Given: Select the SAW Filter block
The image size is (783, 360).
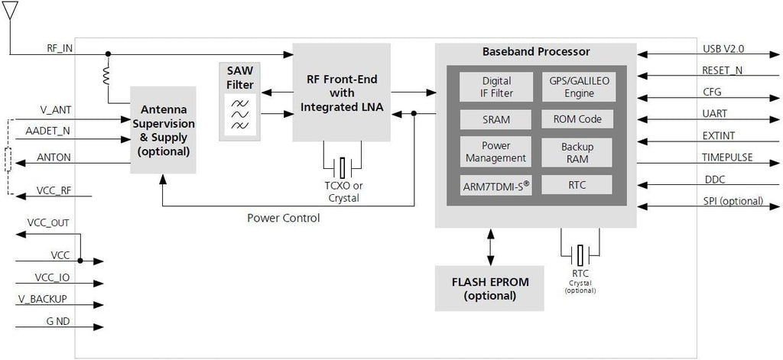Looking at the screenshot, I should tap(239, 102).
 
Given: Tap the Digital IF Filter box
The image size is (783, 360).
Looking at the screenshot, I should tap(496, 87).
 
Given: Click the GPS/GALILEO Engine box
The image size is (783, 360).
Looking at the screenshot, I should tap(577, 87).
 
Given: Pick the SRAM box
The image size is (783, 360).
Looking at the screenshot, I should tap(496, 120).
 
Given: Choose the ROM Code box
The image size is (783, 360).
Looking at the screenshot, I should tap(577, 119).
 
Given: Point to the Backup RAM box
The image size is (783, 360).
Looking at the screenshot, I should tap(577, 152).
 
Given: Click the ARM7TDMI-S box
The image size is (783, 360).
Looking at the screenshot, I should tap(496, 186).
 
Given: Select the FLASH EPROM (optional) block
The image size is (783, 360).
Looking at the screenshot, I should tap(489, 288).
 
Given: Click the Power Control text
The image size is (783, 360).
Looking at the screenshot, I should tap(283, 218).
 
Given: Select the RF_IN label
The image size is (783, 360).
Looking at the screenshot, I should tap(59, 47).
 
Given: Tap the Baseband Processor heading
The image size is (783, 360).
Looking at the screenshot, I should tap(535, 53).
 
